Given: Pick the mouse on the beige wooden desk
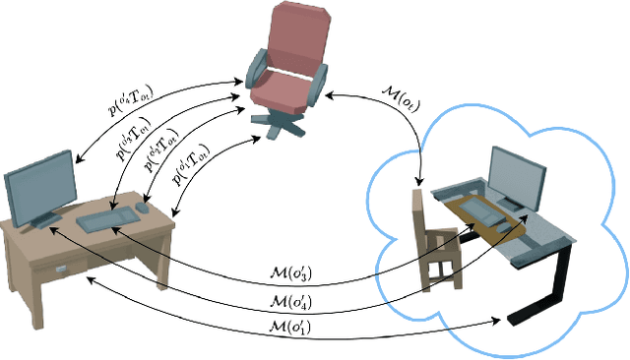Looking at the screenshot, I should click(144, 208).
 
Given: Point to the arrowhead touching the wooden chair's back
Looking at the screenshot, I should click(421, 185).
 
